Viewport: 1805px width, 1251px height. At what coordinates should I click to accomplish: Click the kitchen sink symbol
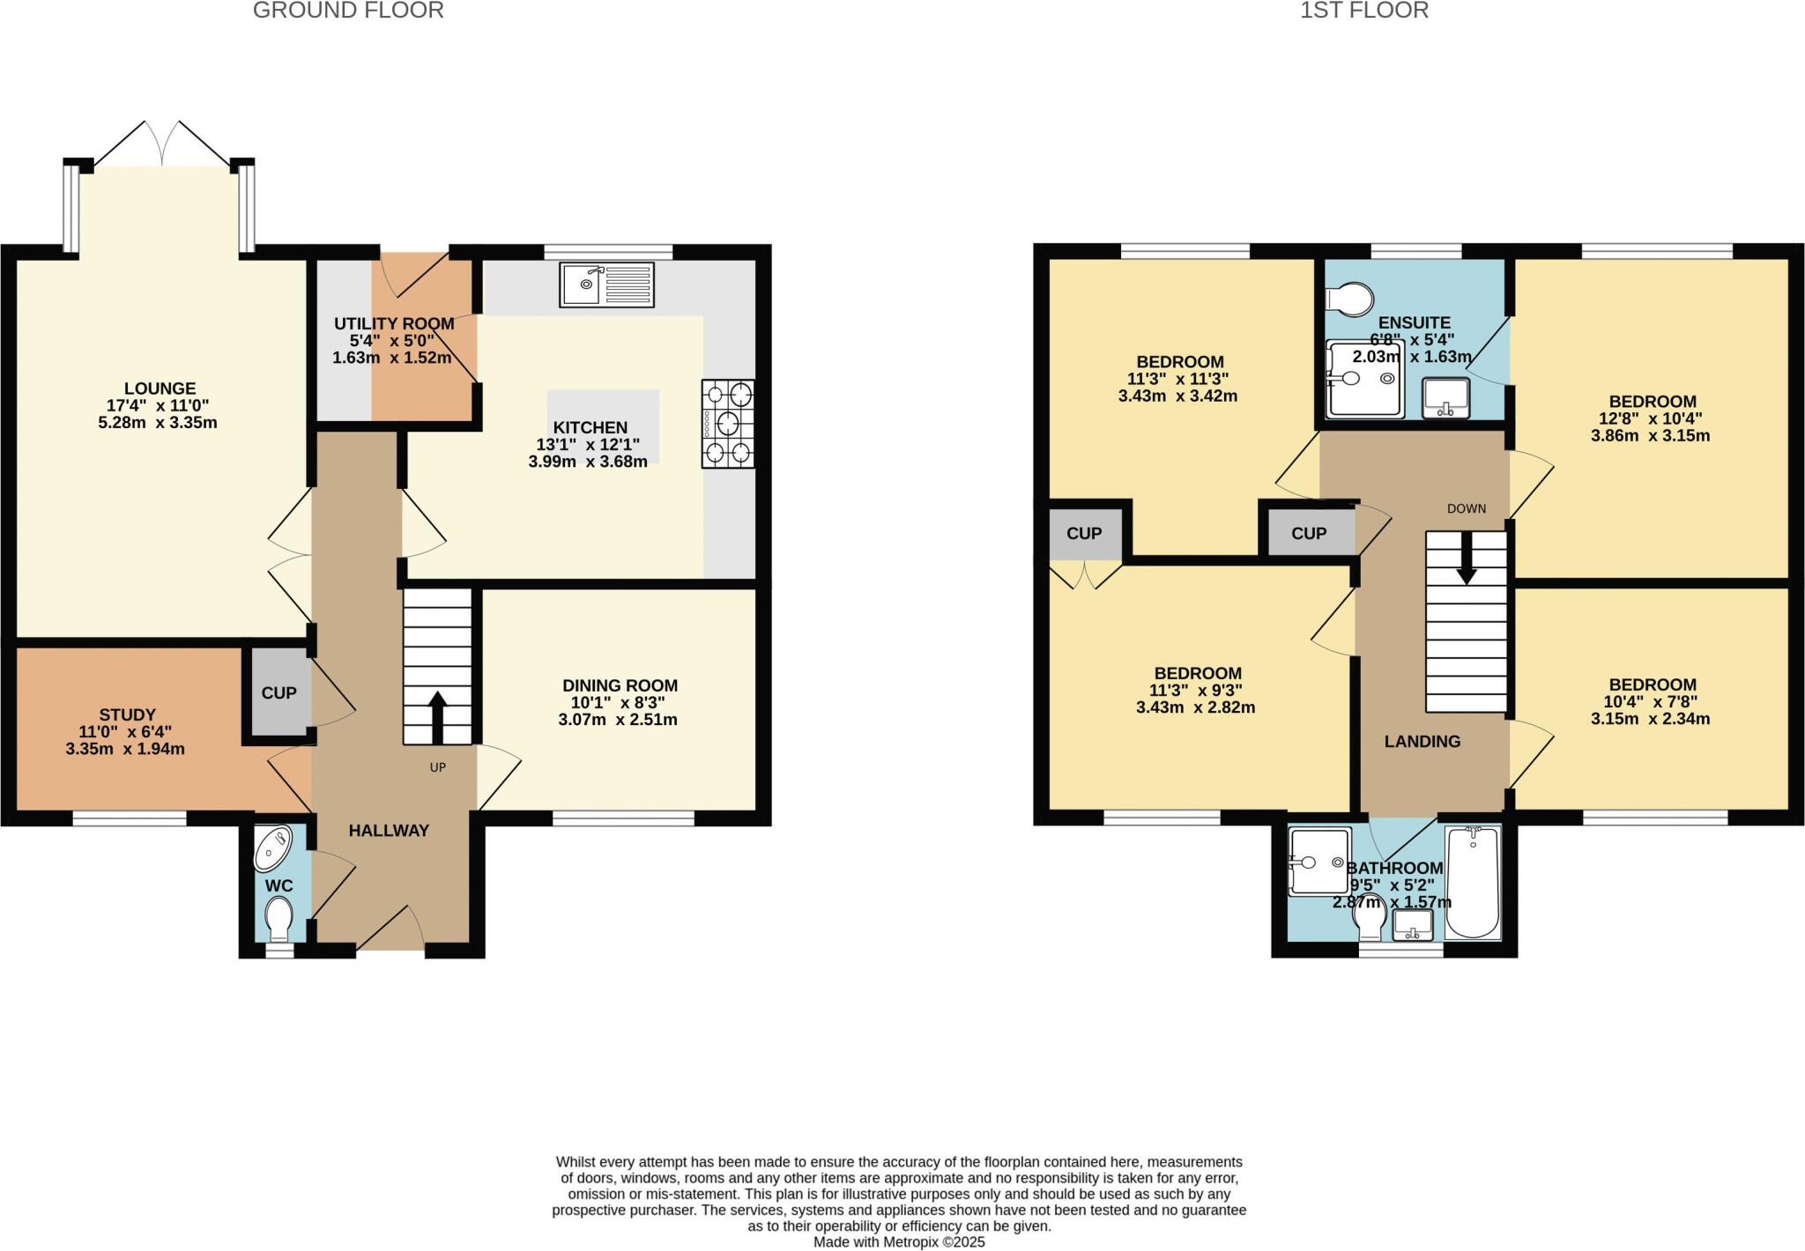(x=606, y=285)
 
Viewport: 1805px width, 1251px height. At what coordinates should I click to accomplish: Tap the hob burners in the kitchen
(x=727, y=424)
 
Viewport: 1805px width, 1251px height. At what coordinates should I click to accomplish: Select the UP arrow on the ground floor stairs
(x=437, y=711)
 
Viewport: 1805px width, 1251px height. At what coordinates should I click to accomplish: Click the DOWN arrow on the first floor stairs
(x=1467, y=559)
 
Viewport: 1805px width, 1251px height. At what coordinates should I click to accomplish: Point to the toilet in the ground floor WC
(x=279, y=918)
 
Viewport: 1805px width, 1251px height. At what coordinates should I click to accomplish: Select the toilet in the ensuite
(x=1349, y=299)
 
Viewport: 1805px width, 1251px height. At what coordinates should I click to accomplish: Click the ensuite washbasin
(x=1445, y=398)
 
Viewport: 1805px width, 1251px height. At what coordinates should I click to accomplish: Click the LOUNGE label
(x=160, y=389)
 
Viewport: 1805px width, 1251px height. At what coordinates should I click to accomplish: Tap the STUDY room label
(x=127, y=714)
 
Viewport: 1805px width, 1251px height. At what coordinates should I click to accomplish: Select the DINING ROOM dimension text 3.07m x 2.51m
(x=618, y=720)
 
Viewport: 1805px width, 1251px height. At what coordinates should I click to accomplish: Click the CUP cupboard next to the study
(x=279, y=693)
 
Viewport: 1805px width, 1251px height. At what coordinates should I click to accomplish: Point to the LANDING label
(x=1422, y=742)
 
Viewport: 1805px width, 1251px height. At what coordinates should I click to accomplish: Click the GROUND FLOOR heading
(x=348, y=11)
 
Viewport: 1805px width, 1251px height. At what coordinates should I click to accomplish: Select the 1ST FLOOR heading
(x=1363, y=11)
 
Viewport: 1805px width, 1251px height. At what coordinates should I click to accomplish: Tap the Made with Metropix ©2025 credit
(x=899, y=1242)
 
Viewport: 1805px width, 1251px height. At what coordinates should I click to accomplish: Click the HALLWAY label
(x=389, y=831)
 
